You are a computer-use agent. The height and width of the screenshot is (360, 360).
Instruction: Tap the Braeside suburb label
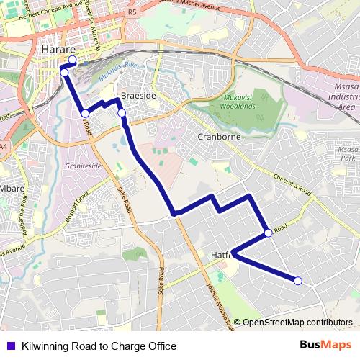pos(138,96)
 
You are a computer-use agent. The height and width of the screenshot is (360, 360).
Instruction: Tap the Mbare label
pos(12,189)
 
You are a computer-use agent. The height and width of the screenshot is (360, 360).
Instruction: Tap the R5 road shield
pos(131,12)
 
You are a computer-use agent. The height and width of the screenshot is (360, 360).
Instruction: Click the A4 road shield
pos(4,147)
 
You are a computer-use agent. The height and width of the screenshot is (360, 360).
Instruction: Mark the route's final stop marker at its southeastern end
pos(298,281)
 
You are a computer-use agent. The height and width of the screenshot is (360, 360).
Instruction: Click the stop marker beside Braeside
pos(122,113)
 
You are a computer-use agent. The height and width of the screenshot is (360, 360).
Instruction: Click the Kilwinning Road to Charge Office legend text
pos(99,346)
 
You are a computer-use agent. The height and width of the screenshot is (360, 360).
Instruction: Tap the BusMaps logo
pos(325,346)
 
